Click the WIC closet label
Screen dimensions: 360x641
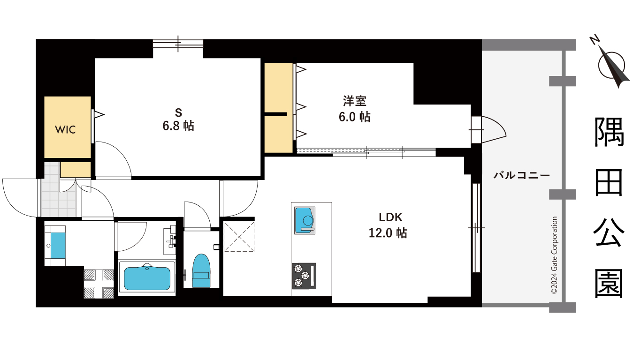[65, 130]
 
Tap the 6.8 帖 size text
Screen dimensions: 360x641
[178, 126]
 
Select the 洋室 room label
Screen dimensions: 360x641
[354, 101]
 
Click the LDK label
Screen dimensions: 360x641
[391, 217]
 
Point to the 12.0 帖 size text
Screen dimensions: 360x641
[388, 232]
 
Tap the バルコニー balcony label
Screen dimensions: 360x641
[521, 176]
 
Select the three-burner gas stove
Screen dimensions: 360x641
[304, 276]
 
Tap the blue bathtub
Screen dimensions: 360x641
[147, 278]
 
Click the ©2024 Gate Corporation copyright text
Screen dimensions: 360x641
[554, 255]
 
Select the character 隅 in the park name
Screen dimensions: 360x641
[609, 133]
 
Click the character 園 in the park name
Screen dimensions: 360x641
[609, 283]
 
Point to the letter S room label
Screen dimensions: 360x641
[178, 112]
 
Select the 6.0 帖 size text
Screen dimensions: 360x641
[354, 116]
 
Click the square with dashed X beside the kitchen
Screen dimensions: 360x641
[239, 236]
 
